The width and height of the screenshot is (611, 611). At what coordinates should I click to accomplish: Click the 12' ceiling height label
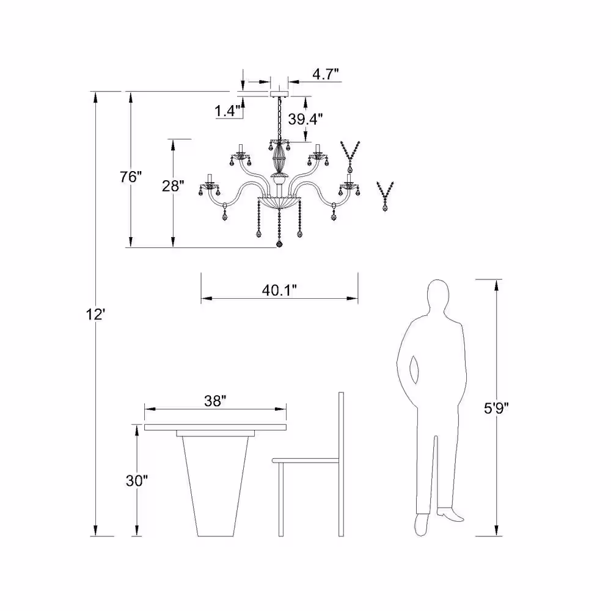95,314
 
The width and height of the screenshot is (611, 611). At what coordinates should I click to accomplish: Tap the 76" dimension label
131,177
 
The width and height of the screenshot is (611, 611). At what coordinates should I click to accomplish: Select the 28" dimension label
173,186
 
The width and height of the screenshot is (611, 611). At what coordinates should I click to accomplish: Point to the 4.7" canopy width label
326,74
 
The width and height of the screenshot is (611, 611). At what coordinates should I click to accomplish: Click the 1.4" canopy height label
227,111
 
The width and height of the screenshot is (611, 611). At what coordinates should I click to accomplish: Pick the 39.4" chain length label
305,119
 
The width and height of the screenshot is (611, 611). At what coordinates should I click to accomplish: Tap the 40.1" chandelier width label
279,290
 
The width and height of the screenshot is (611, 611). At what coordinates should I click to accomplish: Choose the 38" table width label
215,401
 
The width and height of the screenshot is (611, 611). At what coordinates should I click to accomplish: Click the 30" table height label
137,481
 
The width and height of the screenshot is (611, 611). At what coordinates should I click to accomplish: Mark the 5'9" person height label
496,408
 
